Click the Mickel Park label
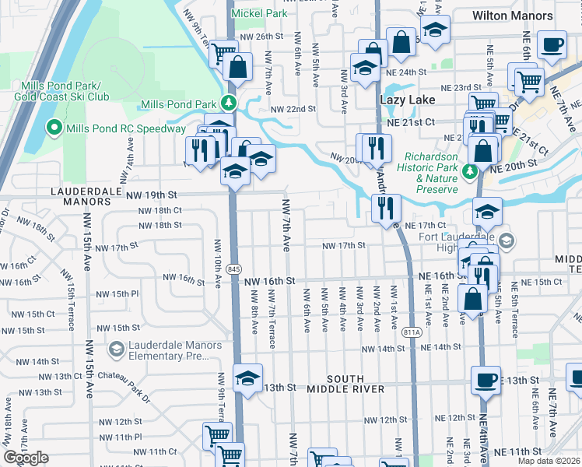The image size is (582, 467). click(261, 13)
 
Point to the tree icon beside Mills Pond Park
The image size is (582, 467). click(229, 104)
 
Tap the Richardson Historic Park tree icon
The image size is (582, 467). click(470, 170)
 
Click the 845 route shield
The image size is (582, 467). click(234, 269)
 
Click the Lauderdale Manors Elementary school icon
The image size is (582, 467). click(117, 349)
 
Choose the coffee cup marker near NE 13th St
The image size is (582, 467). click(486, 381)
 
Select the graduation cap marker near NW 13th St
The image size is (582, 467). click(247, 379)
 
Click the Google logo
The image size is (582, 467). click(26, 458)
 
